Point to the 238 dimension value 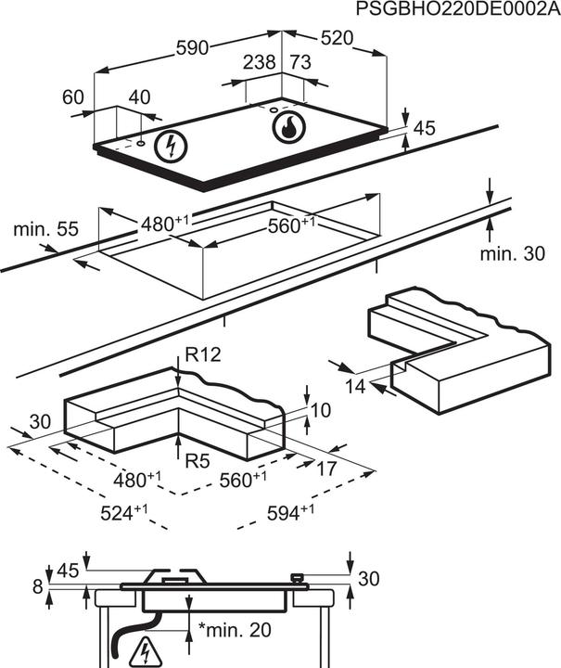261,62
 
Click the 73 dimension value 300,62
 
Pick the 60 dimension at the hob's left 73,96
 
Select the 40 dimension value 138,96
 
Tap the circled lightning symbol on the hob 169,145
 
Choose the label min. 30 513,253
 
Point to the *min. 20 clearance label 235,630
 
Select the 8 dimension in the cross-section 36,585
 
